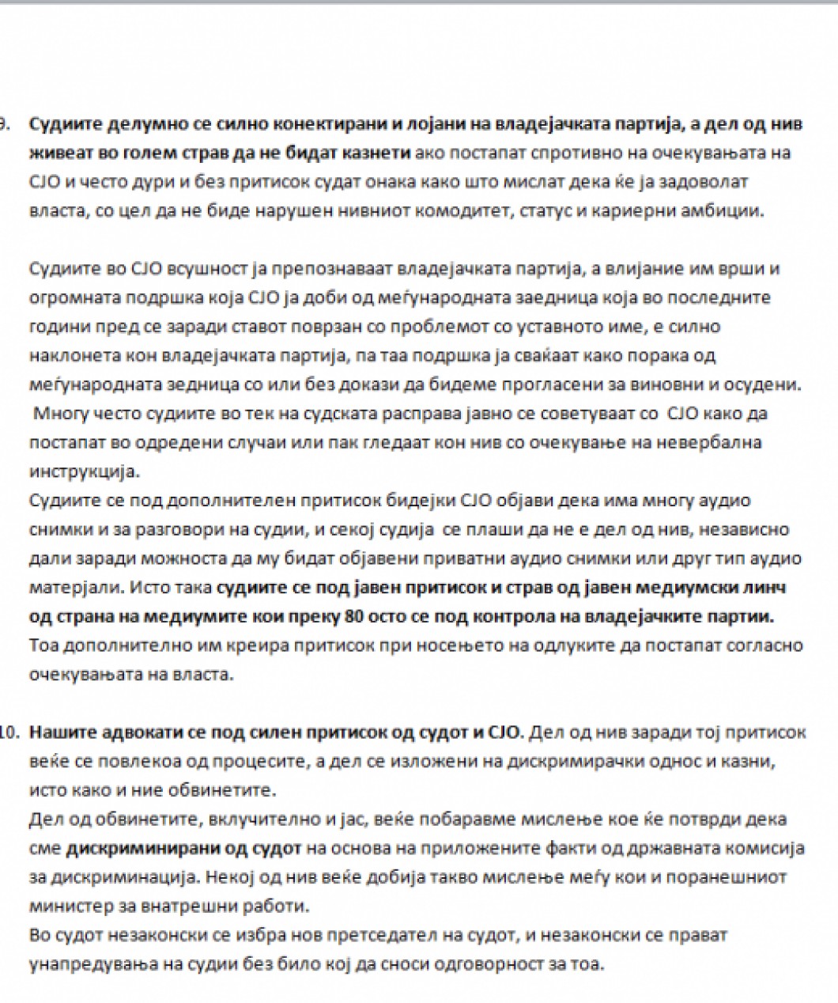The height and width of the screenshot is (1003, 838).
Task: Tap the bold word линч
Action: coord(765,587)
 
